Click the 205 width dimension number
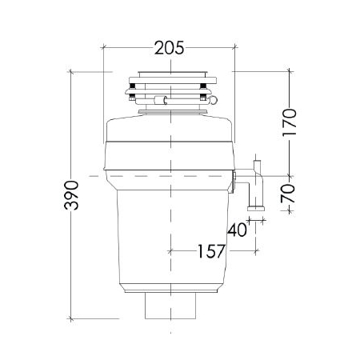tap(169, 48)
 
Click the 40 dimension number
tap(237, 230)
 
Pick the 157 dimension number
tap(210, 251)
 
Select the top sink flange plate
tap(170, 77)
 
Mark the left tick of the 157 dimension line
tap(170, 251)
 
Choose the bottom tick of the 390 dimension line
tap(73, 317)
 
